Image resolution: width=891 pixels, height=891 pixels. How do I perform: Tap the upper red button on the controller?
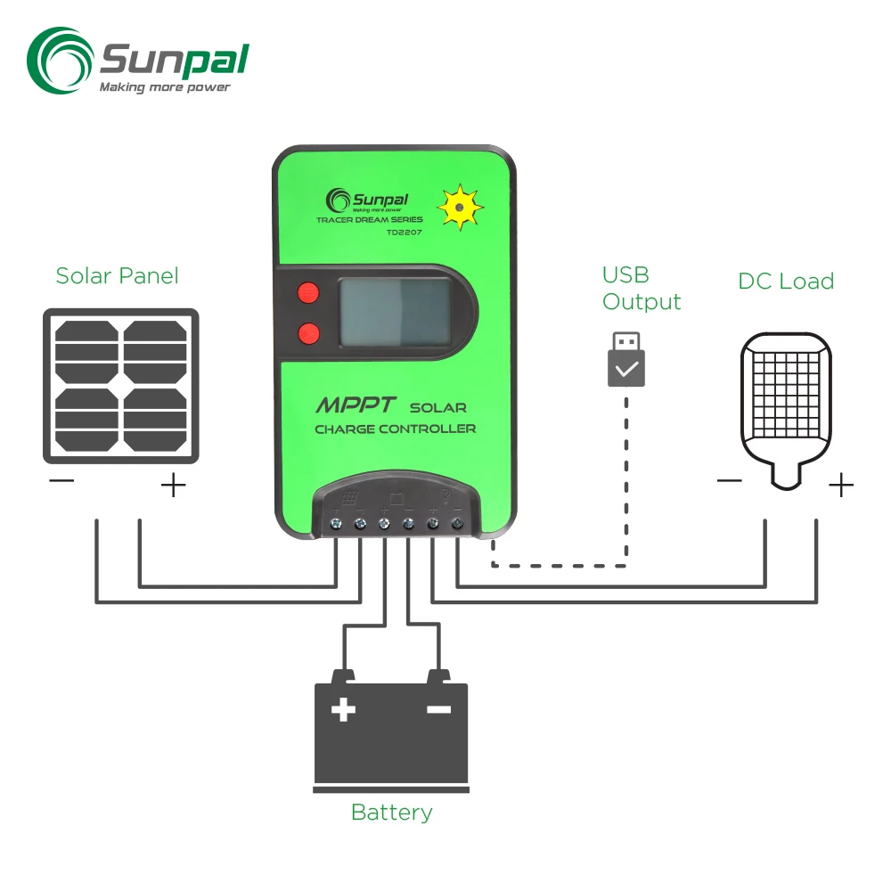[308, 291]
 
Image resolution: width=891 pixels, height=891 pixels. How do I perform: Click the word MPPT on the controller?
[354, 406]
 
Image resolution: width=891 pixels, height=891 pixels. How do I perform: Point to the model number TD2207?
[404, 233]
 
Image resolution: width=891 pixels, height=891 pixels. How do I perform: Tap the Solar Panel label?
[117, 276]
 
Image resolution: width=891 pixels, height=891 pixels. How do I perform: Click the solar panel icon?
[121, 386]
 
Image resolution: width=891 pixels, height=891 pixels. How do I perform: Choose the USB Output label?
[642, 288]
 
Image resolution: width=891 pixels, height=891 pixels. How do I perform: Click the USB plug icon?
[626, 360]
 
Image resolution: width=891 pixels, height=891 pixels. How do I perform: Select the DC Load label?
[786, 282]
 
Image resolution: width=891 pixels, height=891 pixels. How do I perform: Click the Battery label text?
[391, 813]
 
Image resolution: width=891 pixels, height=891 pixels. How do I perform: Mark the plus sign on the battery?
[343, 710]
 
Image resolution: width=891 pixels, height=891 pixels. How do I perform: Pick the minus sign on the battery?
[438, 710]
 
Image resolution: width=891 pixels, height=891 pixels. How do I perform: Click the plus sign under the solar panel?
[173, 486]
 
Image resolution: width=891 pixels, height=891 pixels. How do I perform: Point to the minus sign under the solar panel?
[61, 482]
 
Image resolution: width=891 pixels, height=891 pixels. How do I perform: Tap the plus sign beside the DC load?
[840, 486]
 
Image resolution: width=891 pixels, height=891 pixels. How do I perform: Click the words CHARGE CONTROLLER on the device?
[395, 429]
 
